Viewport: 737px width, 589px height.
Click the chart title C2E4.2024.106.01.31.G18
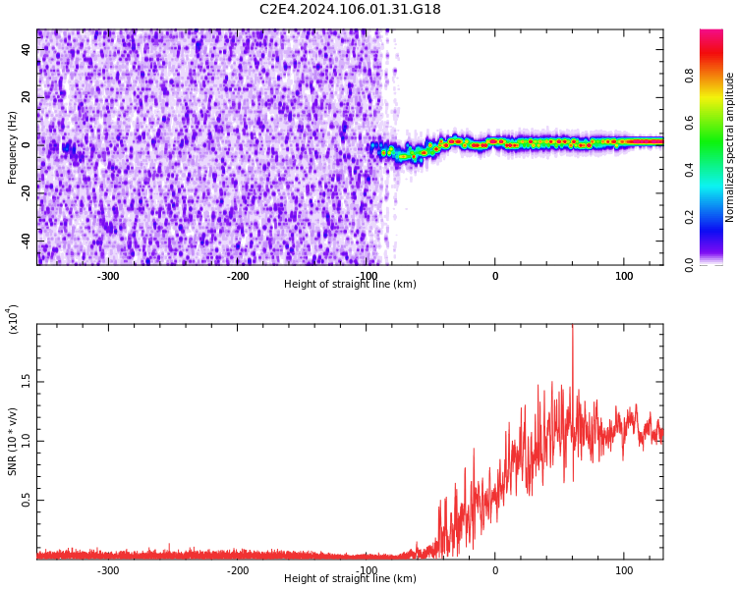tap(350, 10)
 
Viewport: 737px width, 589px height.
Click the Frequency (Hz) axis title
tap(13, 147)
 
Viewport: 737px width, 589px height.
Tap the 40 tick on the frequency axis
tap(27, 49)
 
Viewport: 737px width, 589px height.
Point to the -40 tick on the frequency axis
tap(25, 241)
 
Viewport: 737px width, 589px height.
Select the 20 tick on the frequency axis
tap(27, 97)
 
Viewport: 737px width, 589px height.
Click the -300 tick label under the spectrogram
tap(108, 276)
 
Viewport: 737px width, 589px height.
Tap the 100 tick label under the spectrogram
tap(624, 276)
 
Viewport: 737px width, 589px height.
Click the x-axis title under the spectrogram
tap(350, 285)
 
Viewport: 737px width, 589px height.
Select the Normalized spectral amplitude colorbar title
tap(730, 147)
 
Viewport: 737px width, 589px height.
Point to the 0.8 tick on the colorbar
tap(690, 76)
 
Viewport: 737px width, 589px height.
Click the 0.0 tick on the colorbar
tap(690, 264)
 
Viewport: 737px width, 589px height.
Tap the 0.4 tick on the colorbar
tap(690, 170)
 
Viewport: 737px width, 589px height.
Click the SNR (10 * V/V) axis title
tap(13, 442)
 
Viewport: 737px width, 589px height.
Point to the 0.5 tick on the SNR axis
tap(25, 500)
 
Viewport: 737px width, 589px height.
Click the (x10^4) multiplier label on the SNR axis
tap(13, 319)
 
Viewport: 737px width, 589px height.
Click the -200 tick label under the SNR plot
tap(237, 570)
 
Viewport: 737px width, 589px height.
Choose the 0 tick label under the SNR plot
tap(495, 570)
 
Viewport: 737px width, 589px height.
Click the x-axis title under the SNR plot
tap(350, 579)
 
